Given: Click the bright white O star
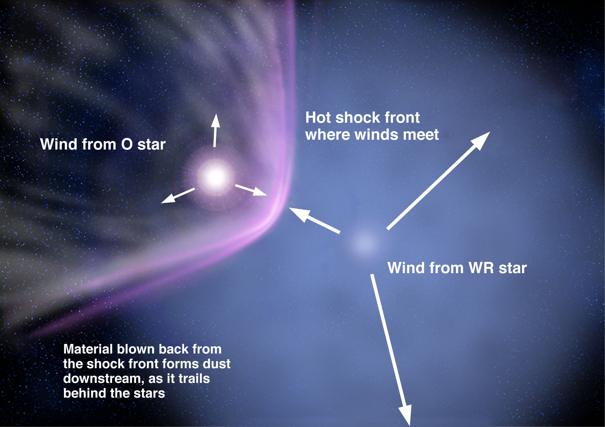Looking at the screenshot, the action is click(215, 177).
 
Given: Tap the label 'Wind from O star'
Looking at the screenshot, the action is click(103, 144).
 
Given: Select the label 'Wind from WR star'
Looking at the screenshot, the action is click(457, 268).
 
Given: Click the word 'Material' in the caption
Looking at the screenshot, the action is click(88, 349).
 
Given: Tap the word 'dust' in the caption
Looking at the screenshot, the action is click(216, 364).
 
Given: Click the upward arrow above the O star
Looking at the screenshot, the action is click(215, 130).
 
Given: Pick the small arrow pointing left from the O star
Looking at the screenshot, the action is click(178, 195).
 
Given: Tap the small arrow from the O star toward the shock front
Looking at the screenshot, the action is click(251, 190).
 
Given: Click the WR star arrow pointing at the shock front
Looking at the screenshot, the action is click(314, 220).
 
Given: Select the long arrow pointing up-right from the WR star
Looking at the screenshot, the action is click(438, 181).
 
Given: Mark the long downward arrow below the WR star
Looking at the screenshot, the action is click(391, 350).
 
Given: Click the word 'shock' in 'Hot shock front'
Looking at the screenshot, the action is click(357, 118).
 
